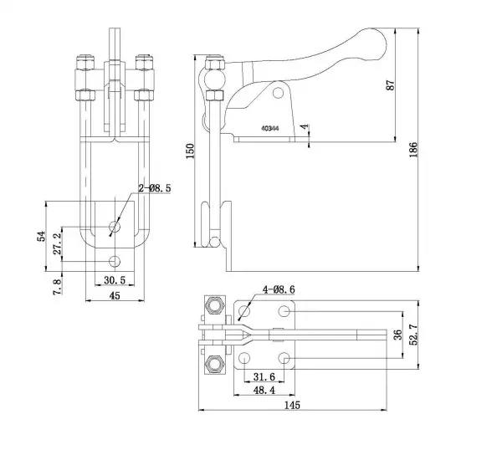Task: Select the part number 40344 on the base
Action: [269, 129]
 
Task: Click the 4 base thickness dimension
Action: [306, 130]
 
